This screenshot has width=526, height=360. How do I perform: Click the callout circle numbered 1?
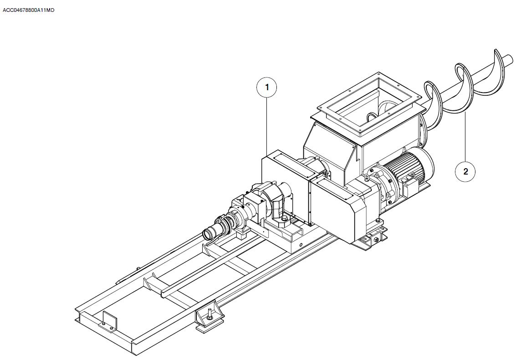[267, 87]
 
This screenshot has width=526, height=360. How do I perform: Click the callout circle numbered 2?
[465, 171]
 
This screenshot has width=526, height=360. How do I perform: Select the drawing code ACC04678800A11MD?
[29, 10]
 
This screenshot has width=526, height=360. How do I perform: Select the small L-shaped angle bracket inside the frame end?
[109, 321]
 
